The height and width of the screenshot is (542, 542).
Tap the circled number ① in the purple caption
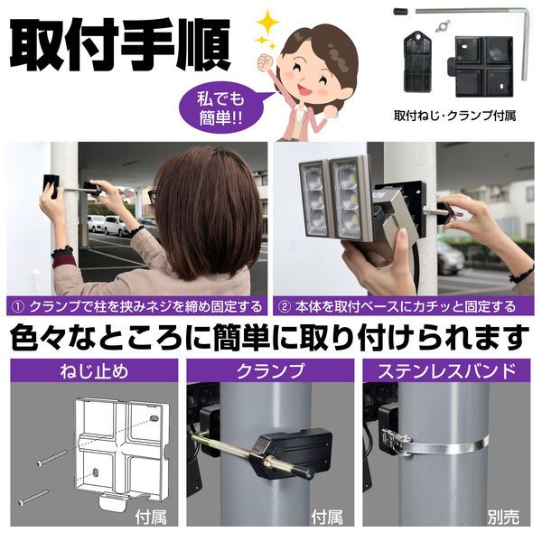(18, 306)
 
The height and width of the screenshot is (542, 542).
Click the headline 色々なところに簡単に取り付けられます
(268, 337)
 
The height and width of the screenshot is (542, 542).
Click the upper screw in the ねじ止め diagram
(59, 457)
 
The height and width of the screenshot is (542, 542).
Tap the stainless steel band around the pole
(452, 444)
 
